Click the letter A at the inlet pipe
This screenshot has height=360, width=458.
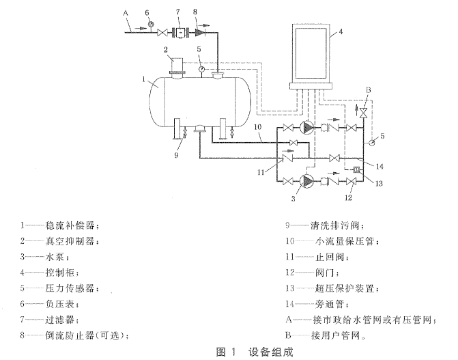(x=125, y=12)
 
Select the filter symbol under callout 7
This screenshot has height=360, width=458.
(x=181, y=32)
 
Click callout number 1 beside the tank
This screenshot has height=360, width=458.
(x=144, y=79)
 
